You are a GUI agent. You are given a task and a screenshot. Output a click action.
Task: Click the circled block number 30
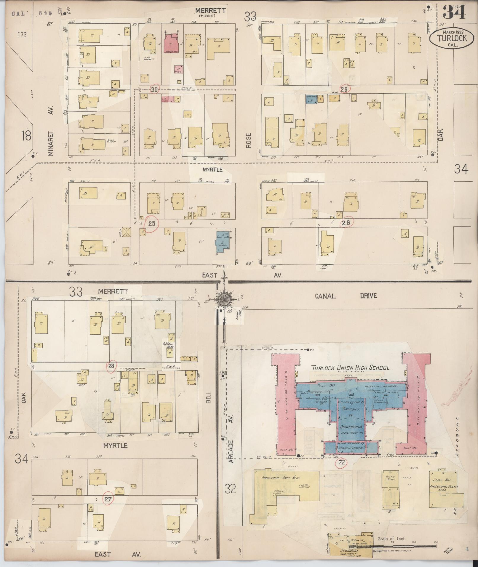(x=154, y=89)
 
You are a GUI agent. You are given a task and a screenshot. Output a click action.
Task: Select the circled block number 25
(x=151, y=223)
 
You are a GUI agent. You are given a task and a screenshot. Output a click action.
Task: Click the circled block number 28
(x=111, y=366)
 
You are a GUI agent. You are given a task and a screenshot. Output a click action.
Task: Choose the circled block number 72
(x=342, y=462)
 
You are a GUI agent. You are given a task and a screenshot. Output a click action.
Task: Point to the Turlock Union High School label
(x=350, y=368)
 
